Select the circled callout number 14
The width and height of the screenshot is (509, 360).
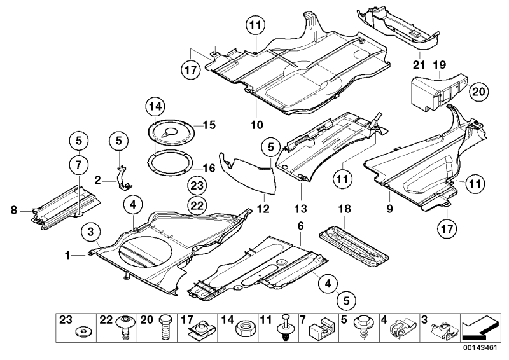coord(154,106)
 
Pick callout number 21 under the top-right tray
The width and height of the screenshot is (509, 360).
coord(419,65)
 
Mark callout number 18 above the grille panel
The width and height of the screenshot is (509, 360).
coord(344,208)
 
